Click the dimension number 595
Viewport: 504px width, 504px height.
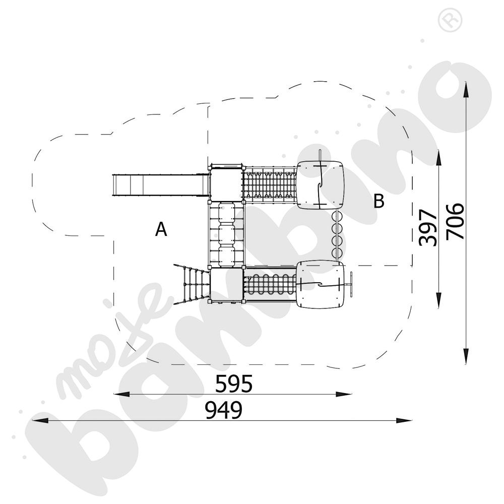pyautogui.click(x=233, y=384)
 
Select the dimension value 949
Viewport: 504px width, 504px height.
pyautogui.click(x=223, y=411)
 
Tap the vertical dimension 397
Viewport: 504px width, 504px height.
pyautogui.click(x=427, y=227)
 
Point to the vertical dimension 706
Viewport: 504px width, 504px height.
pyautogui.click(x=455, y=222)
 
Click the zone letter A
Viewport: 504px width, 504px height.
pyautogui.click(x=161, y=230)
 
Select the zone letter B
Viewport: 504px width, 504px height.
pyautogui.click(x=379, y=202)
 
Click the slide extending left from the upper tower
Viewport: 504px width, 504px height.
pyautogui.click(x=160, y=185)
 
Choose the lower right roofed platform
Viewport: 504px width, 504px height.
pyautogui.click(x=321, y=285)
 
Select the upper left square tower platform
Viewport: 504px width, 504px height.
pyautogui.click(x=226, y=182)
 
